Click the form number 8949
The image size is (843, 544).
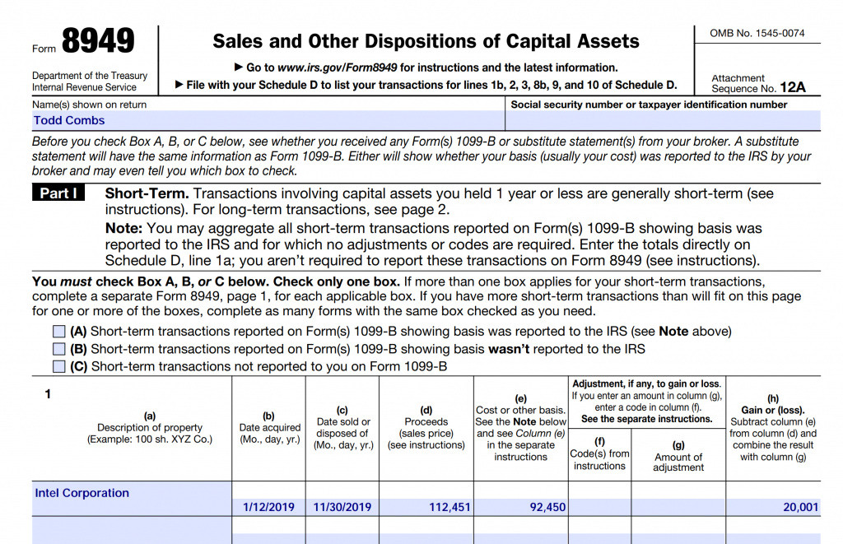[x=98, y=42]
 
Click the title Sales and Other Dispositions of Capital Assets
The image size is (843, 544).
[x=426, y=41]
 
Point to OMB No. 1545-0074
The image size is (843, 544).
[x=757, y=34]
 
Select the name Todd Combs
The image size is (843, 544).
[x=69, y=120]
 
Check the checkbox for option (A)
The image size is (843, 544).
[x=58, y=332]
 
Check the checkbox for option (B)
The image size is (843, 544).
[x=58, y=349]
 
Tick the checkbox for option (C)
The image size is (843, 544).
[x=58, y=366]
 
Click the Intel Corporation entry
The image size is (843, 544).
[x=82, y=493]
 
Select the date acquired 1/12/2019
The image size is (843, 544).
[x=268, y=507]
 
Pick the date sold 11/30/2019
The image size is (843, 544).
[x=342, y=507]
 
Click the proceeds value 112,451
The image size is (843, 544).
[x=449, y=507]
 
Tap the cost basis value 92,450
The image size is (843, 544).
[x=547, y=507]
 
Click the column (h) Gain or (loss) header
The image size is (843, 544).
[x=773, y=410]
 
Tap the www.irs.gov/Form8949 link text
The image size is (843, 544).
[x=337, y=67]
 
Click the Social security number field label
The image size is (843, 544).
[x=649, y=105]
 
